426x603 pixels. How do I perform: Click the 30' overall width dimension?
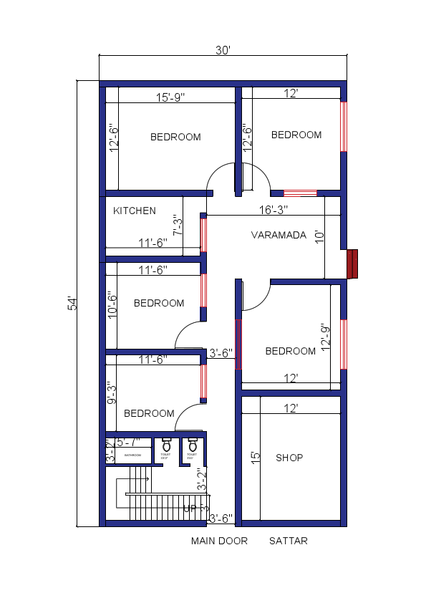coord(222,51)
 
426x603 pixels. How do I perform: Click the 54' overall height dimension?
coord(72,303)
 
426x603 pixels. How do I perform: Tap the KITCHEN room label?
coord(135,211)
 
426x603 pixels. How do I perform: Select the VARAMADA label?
coord(279,235)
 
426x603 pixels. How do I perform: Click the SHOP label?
coord(289,458)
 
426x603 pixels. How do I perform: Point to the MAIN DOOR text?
coord(219,541)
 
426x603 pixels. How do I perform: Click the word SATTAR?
coord(289,541)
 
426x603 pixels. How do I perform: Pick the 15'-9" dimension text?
coord(170,97)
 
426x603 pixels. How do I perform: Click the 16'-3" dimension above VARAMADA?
coord(273,210)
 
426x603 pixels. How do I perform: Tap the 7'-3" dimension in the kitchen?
coord(178,225)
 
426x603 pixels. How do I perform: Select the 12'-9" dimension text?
coord(326,335)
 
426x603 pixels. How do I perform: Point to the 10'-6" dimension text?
coord(112,304)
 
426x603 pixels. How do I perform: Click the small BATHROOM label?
coord(133,455)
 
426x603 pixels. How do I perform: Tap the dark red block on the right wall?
coord(352,264)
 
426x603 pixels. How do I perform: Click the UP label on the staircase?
coord(190,509)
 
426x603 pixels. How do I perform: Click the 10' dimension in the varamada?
coord(319,237)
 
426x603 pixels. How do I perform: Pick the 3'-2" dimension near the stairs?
coord(203,478)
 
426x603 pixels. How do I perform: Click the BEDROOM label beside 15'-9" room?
coord(175,137)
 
